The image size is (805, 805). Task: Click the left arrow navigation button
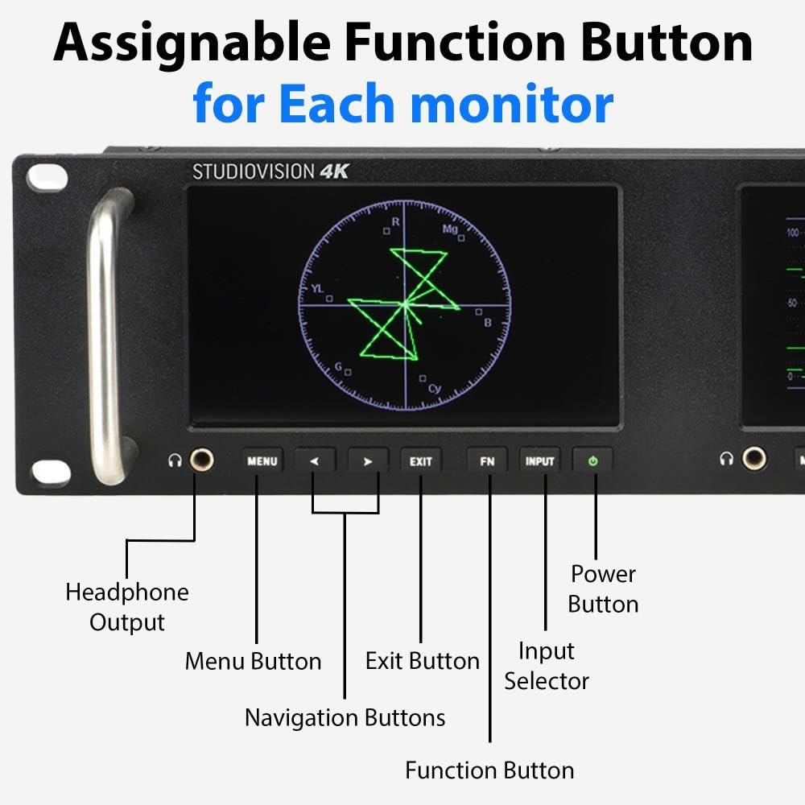click(315, 461)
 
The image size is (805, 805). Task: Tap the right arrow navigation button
click(368, 461)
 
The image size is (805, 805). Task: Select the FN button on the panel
click(487, 461)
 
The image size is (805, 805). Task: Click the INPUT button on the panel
click(540, 461)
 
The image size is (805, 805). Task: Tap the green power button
click(593, 461)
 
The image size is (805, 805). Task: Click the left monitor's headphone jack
click(201, 460)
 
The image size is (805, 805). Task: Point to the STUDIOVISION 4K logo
click(270, 171)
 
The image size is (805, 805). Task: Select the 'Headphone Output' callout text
click(127, 607)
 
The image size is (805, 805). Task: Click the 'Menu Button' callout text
click(253, 662)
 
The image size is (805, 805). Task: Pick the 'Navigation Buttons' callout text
click(345, 717)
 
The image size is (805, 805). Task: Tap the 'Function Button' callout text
click(489, 770)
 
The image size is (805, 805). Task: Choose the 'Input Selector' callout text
click(547, 666)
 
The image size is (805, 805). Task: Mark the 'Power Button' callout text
click(603, 589)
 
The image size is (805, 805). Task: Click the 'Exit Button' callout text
click(422, 662)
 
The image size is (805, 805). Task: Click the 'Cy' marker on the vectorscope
click(435, 389)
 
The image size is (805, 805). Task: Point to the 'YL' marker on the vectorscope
click(316, 288)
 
